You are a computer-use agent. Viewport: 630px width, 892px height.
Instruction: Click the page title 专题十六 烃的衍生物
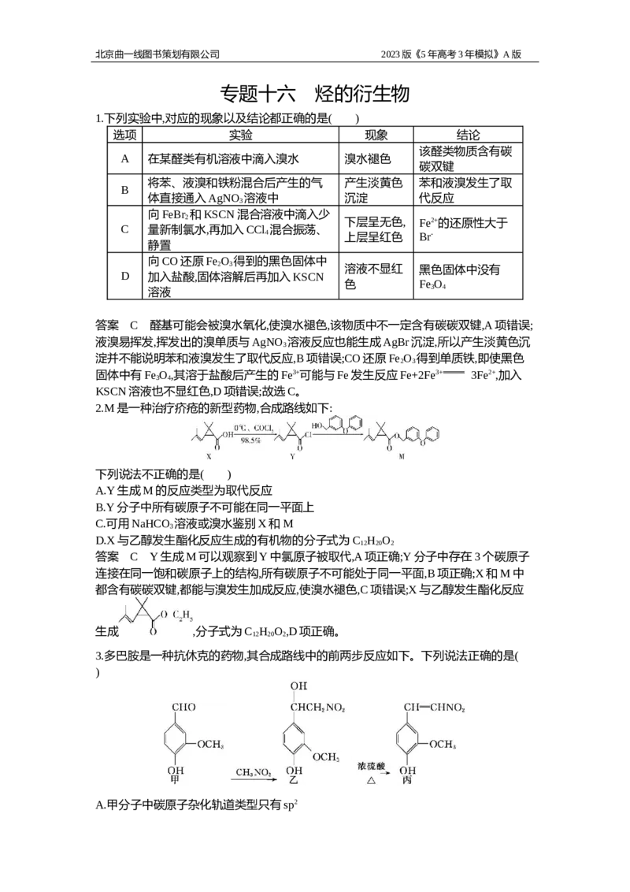tap(314, 94)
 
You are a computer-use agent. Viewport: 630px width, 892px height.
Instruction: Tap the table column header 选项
tap(124, 135)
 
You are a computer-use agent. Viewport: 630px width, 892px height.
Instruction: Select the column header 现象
tap(376, 135)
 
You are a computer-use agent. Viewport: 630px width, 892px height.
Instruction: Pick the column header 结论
tap(468, 135)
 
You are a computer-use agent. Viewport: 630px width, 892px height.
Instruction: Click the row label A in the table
tap(124, 158)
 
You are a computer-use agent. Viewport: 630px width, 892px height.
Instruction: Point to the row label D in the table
tap(124, 277)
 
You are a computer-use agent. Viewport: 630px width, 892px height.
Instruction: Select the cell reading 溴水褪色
tap(367, 158)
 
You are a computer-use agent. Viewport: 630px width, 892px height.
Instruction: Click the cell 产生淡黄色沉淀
tap(373, 190)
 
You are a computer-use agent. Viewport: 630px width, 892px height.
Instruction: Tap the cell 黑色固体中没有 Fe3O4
tap(459, 277)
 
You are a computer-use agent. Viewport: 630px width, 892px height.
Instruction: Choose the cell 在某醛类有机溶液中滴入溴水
tap(224, 158)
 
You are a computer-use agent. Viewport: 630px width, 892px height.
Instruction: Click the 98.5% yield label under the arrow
tap(250, 441)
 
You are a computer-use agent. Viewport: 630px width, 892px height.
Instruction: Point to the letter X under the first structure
tap(209, 456)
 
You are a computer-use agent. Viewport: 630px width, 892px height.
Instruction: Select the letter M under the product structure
tap(402, 456)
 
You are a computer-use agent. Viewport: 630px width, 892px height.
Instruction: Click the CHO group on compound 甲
tap(183, 707)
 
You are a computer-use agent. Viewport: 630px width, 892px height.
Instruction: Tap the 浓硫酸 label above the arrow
tap(371, 766)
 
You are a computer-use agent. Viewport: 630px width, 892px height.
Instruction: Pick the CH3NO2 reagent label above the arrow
tap(254, 772)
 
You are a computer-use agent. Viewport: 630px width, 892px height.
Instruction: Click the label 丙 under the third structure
tap(407, 780)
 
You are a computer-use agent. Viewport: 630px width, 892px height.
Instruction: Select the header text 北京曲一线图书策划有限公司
tap(157, 54)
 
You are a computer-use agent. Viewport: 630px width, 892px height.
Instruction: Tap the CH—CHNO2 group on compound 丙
tap(435, 708)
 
